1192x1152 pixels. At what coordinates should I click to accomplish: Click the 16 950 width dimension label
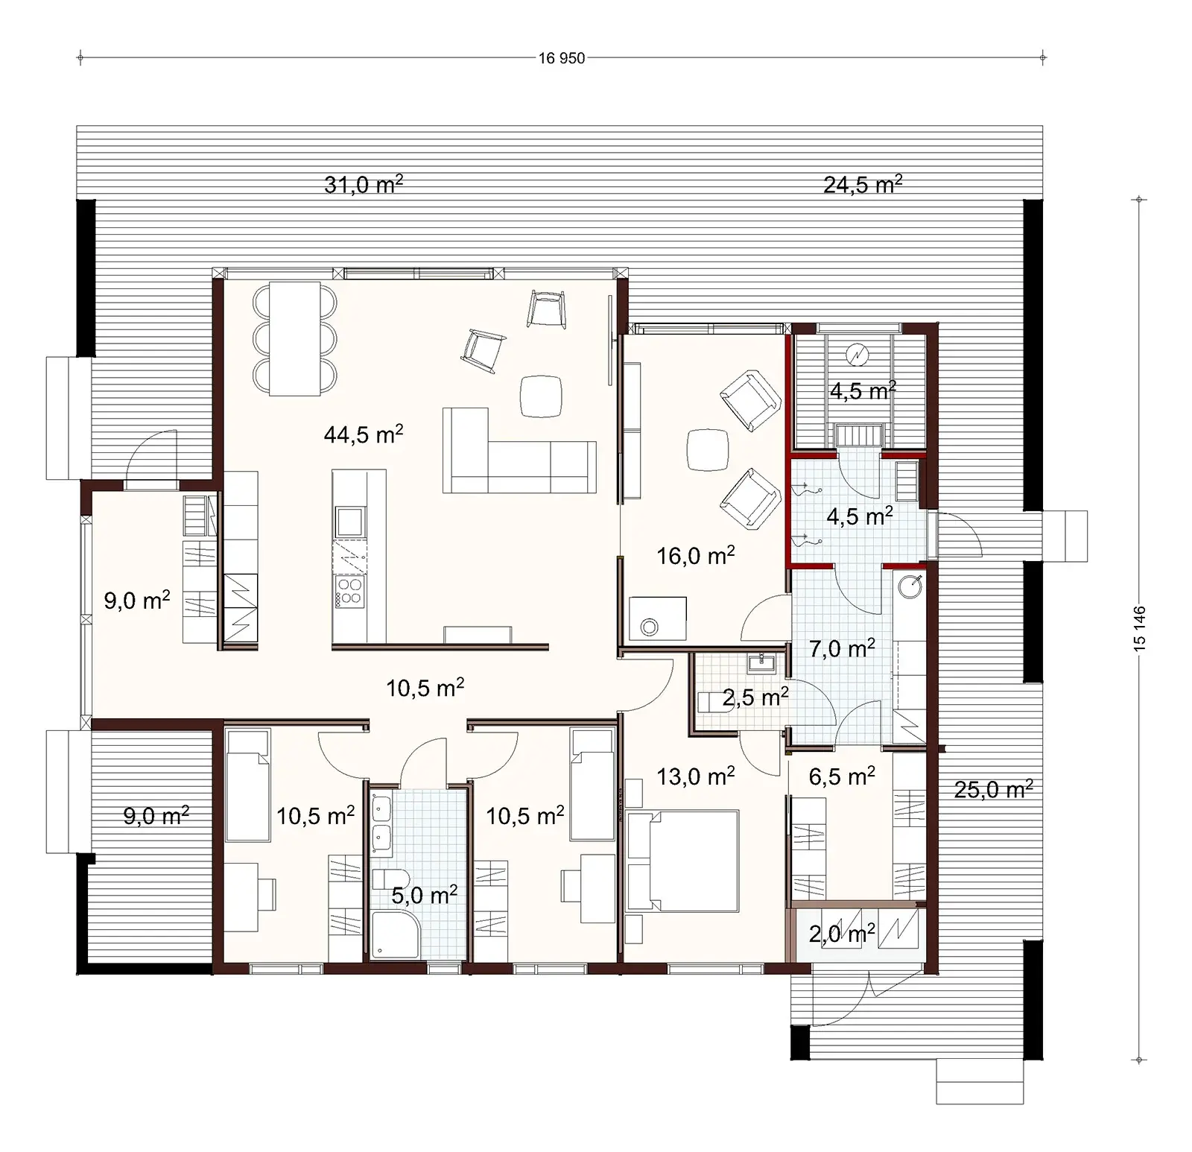pyautogui.click(x=562, y=58)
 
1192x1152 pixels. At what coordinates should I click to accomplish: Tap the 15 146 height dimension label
pyautogui.click(x=1140, y=630)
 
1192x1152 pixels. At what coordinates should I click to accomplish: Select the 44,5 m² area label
pyautogui.click(x=364, y=434)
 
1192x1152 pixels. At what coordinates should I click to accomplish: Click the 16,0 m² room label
pyautogui.click(x=695, y=555)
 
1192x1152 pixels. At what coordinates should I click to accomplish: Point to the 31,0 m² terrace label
pyautogui.click(x=364, y=184)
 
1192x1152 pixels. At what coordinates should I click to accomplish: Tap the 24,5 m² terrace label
pyautogui.click(x=863, y=184)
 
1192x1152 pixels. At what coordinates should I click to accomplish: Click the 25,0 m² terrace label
pyautogui.click(x=993, y=789)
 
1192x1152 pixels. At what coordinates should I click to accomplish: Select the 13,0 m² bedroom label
pyautogui.click(x=695, y=776)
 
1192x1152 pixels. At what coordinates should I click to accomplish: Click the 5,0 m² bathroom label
pyautogui.click(x=424, y=895)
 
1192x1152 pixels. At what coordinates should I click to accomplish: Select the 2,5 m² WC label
pyautogui.click(x=755, y=697)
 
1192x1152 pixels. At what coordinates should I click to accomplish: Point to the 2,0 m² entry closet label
pyautogui.click(x=841, y=933)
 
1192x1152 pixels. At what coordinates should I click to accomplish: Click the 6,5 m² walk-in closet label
pyautogui.click(x=841, y=776)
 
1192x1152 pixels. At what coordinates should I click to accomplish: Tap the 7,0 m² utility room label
pyautogui.click(x=841, y=649)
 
